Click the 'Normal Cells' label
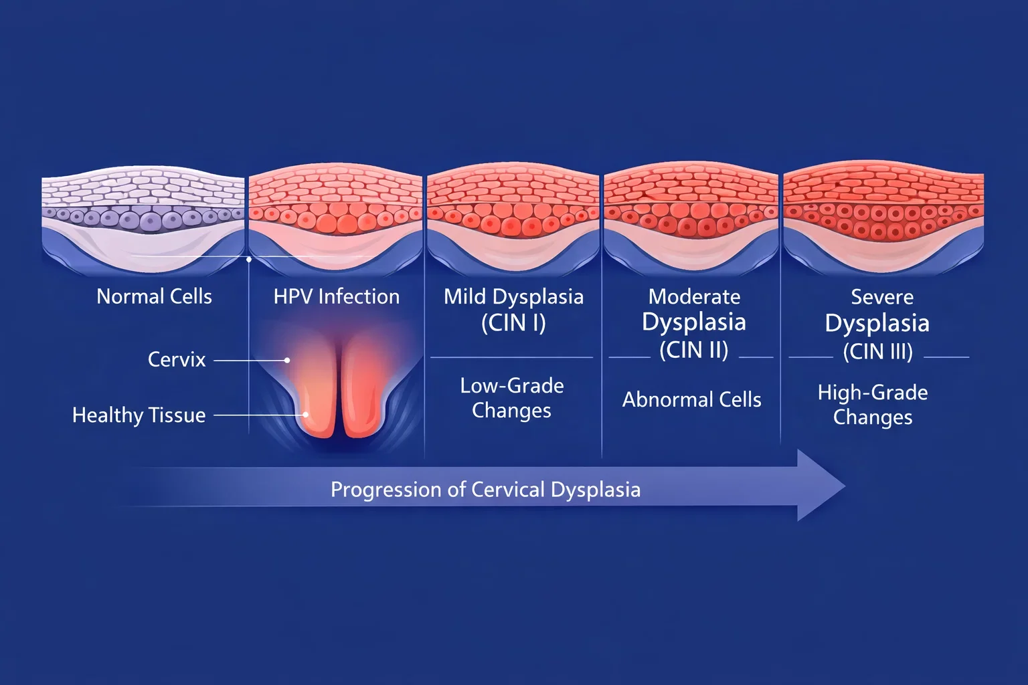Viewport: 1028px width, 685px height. click(154, 296)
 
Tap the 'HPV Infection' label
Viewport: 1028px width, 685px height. click(336, 296)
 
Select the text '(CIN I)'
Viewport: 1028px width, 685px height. click(513, 323)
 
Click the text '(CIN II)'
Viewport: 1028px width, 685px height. click(693, 350)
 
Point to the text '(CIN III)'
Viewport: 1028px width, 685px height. click(877, 351)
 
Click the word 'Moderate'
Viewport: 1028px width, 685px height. click(694, 296)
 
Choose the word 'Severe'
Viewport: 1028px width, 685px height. click(881, 296)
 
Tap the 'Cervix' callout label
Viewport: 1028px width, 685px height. click(177, 360)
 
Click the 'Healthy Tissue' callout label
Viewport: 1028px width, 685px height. click(139, 415)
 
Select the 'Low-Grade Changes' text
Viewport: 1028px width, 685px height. click(512, 398)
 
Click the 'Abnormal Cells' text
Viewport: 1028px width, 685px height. click(691, 400)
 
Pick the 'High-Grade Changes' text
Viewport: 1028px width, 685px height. click(872, 405)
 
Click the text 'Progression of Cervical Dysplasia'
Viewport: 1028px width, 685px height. click(485, 490)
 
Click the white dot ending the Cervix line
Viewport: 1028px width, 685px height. click(287, 360)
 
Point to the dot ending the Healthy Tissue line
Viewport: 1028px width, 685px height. click(306, 415)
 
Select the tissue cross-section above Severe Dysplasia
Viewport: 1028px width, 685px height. click(883, 214)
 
